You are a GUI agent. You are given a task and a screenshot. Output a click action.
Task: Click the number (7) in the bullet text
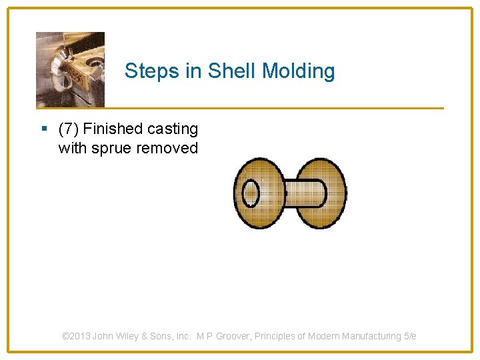coord(69,129)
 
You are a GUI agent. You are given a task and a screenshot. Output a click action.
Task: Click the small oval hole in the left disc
coord(251,194)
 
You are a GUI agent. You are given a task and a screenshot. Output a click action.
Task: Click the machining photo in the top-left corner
coord(70,69)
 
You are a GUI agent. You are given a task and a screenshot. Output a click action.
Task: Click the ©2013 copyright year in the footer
coord(76,336)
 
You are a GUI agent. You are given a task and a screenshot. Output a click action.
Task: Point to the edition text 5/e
coord(409,336)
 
